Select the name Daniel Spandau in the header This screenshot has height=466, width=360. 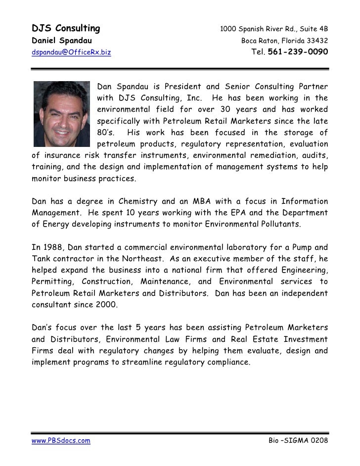[61, 40]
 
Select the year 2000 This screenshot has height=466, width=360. [106, 304]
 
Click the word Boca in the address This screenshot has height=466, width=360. [250, 40]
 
